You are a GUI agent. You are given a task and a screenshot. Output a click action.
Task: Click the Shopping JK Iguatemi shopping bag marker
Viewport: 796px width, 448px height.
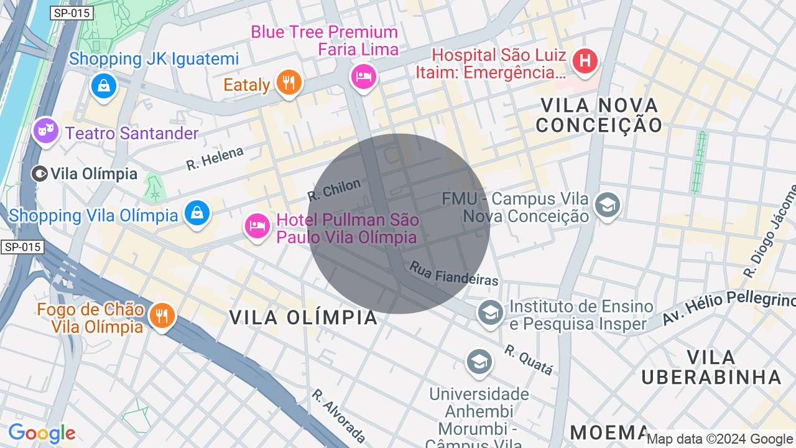pos(104,85)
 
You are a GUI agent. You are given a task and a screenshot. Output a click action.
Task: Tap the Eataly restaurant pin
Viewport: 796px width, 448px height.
pos(287,82)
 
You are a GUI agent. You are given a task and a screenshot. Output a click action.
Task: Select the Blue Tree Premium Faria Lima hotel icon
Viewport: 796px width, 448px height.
pos(364,77)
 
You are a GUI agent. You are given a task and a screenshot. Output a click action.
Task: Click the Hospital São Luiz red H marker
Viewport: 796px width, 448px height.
pos(585,62)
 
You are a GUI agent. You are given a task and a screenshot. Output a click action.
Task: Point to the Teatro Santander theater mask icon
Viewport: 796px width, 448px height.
pos(45,131)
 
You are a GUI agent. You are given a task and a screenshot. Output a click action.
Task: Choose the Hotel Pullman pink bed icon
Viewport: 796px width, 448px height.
pos(257,226)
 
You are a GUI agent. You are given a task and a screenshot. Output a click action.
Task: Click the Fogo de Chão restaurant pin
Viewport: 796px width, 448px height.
pos(162,315)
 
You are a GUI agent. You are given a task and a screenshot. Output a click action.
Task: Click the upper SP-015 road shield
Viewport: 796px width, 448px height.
pos(72,13)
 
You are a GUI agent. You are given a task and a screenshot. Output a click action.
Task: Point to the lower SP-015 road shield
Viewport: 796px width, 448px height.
pos(22,247)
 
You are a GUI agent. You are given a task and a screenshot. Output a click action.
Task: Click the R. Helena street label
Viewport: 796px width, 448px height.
pos(215,158)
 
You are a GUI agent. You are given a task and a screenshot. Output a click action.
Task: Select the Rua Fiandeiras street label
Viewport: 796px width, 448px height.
pos(454,274)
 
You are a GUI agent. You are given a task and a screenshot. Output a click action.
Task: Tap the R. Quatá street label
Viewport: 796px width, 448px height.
pos(529,360)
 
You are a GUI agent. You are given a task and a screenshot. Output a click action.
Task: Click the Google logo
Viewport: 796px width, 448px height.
pos(42,433)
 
